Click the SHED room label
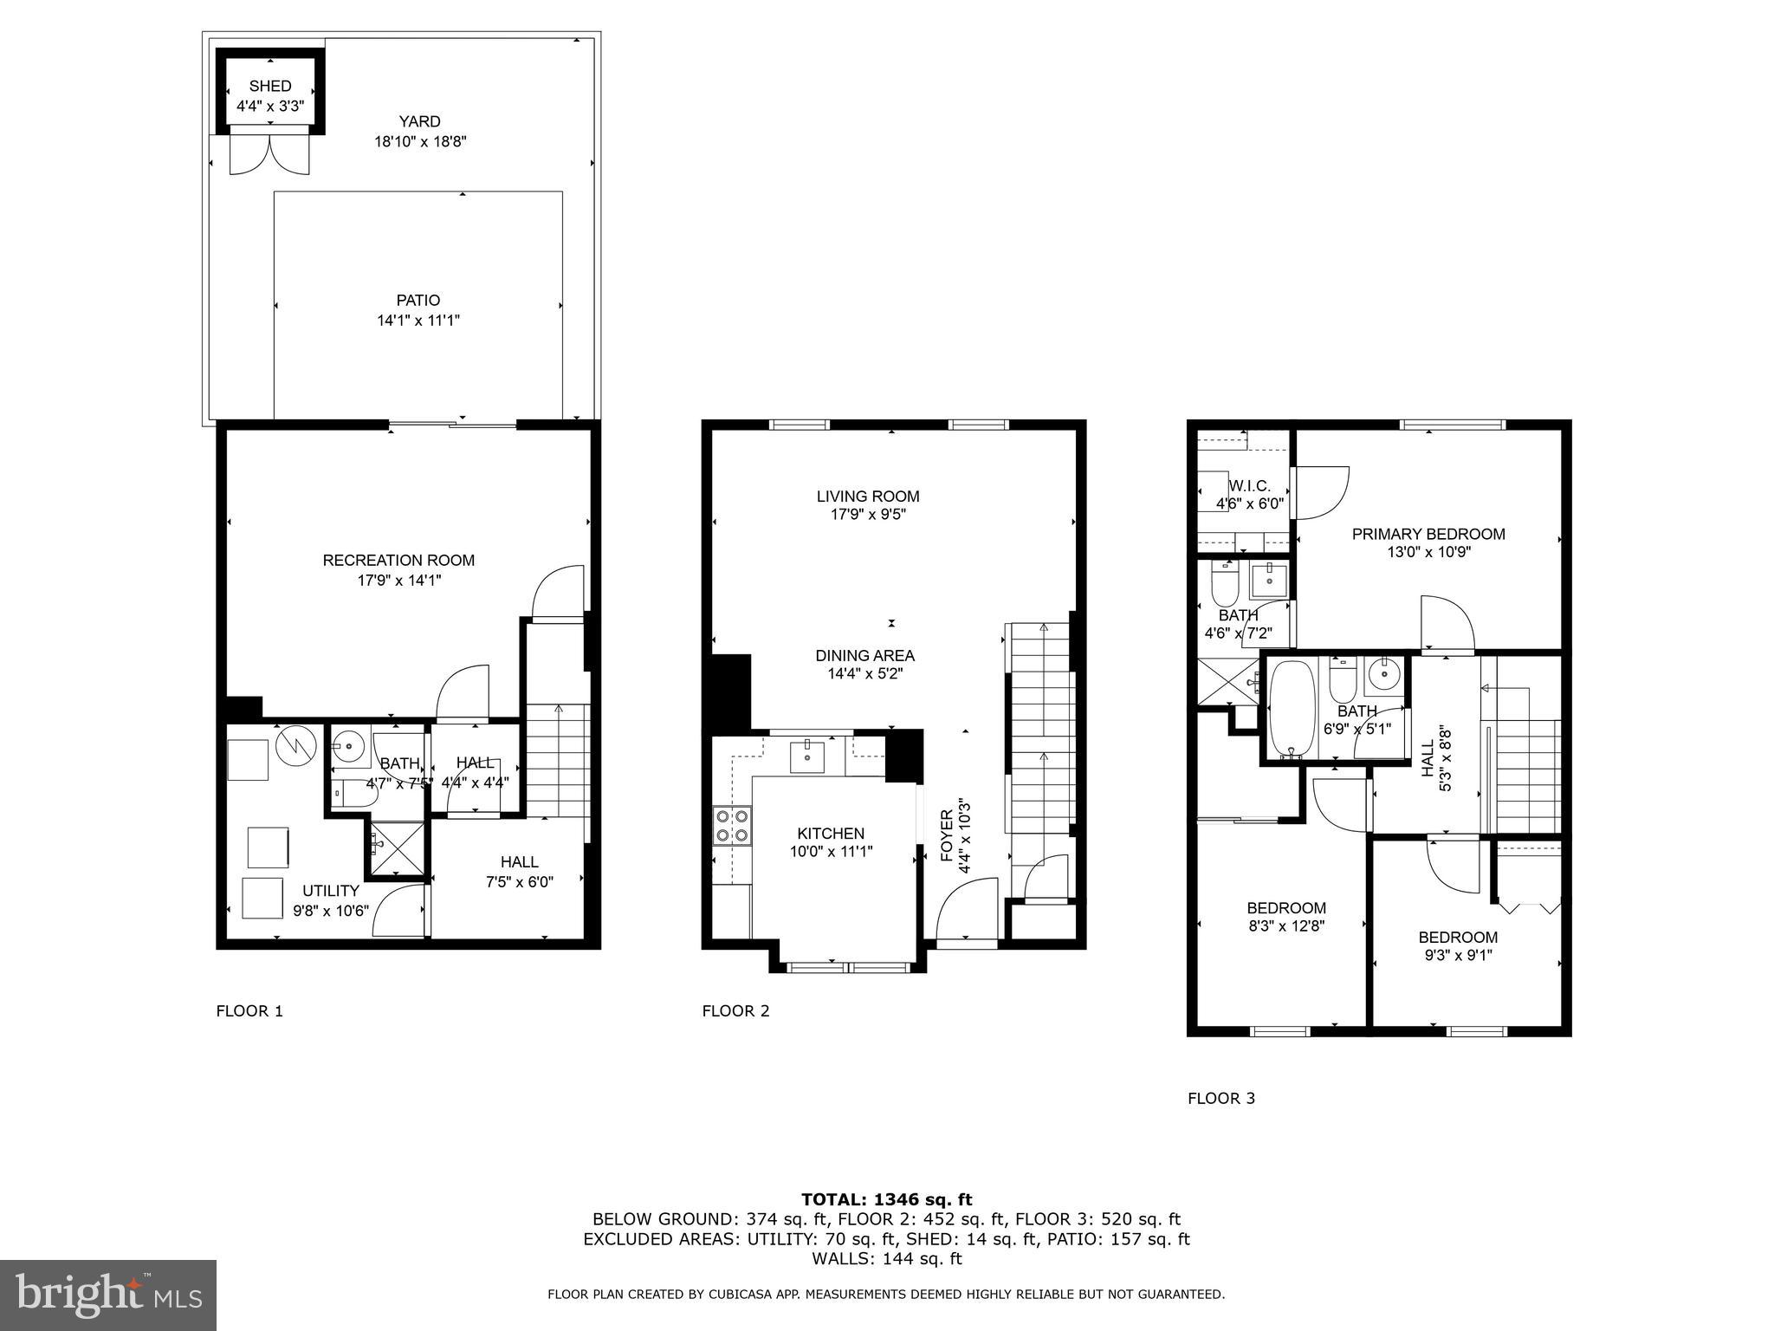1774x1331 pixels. [270, 86]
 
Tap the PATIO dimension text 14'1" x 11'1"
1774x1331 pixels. [418, 321]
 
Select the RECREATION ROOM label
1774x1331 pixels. [398, 561]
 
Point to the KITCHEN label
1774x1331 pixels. [831, 834]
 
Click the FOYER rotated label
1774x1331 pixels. [947, 835]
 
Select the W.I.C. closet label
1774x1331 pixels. [1249, 486]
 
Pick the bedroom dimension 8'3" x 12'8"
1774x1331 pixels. [1286, 925]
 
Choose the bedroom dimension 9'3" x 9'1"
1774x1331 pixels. [1457, 956]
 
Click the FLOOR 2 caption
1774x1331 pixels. [735, 1010]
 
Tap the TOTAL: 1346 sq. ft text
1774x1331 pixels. [886, 1200]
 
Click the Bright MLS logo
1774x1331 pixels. [108, 1295]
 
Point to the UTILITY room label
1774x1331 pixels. [330, 891]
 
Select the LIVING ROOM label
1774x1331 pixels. [868, 497]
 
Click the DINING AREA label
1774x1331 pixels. [864, 656]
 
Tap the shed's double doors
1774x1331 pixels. [269, 154]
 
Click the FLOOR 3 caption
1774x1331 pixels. [1220, 1099]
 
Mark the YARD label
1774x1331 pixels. [419, 122]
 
